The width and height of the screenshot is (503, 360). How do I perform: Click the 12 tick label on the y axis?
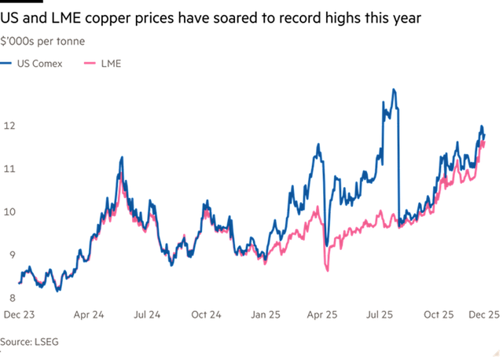tap(9, 126)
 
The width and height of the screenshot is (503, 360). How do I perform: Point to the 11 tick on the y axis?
tap(9, 168)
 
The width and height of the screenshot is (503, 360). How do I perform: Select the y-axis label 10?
tap(9, 211)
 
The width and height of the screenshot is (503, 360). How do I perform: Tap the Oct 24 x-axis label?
tap(206, 314)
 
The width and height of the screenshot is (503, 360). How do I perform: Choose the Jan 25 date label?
tap(265, 314)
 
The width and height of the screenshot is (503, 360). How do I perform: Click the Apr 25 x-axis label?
tap(321, 314)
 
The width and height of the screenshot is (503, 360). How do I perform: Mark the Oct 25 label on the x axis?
tap(439, 314)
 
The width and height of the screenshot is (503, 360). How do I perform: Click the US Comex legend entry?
tap(35, 63)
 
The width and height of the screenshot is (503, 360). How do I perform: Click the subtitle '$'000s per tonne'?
tap(43, 39)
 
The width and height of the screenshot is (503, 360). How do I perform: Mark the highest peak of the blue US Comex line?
tap(394, 90)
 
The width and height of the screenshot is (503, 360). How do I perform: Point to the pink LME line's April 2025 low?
tap(327, 270)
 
